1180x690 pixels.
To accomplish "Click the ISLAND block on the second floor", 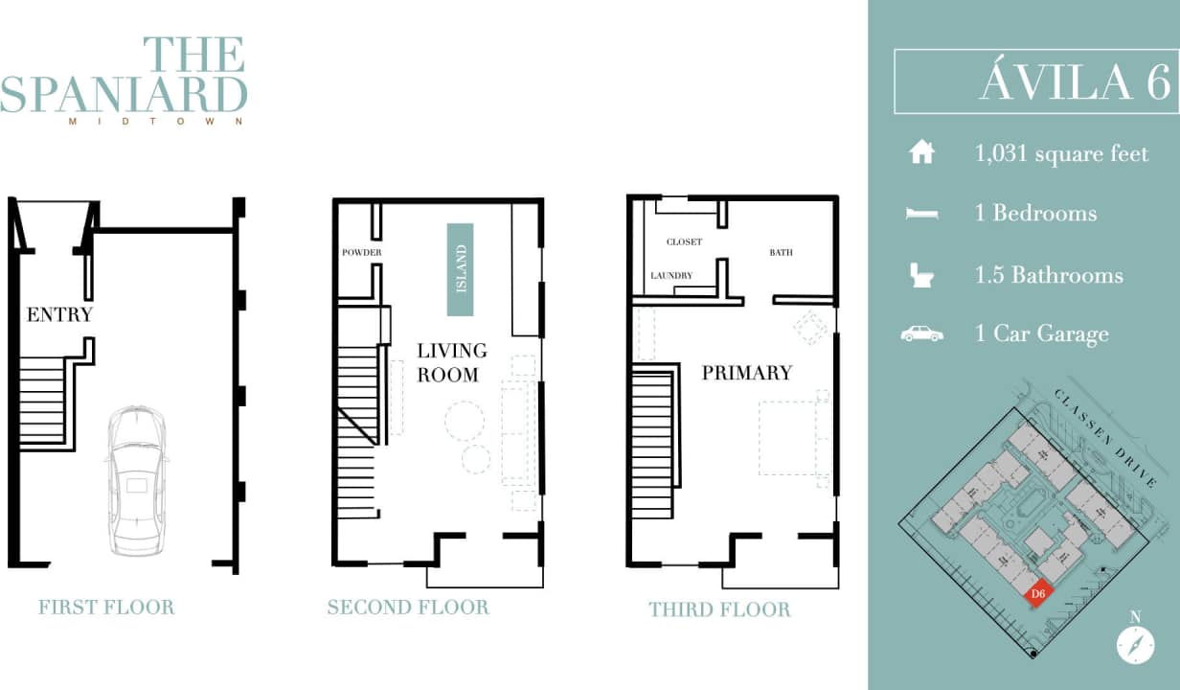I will pyautogui.click(x=460, y=269).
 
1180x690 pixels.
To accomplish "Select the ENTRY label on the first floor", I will pyautogui.click(x=59, y=314).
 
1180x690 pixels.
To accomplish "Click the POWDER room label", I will pyautogui.click(x=362, y=253).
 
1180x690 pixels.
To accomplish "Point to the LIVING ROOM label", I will pyautogui.click(x=451, y=362).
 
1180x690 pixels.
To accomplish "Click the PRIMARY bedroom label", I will pyautogui.click(x=747, y=373).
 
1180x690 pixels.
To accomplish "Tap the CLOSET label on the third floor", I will pyautogui.click(x=684, y=242).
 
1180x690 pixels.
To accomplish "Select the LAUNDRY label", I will pyautogui.click(x=671, y=276).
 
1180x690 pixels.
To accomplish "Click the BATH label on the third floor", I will pyautogui.click(x=781, y=253).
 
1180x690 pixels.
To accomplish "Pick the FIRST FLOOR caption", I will pyautogui.click(x=106, y=607).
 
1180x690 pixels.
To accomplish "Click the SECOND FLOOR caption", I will pyautogui.click(x=408, y=607).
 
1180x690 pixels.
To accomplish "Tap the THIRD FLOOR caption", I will pyautogui.click(x=719, y=609).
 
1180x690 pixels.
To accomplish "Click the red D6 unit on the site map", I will pyautogui.click(x=1037, y=594).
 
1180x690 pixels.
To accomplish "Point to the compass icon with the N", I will pyautogui.click(x=1135, y=643).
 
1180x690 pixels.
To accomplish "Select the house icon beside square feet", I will pyautogui.click(x=920, y=152).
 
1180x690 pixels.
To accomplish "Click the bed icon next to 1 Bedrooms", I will pyautogui.click(x=921, y=214).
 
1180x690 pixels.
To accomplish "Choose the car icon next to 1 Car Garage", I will pyautogui.click(x=921, y=333).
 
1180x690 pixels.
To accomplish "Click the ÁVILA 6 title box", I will pyautogui.click(x=1035, y=82).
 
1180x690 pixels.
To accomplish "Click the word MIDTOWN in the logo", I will pyautogui.click(x=156, y=122).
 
